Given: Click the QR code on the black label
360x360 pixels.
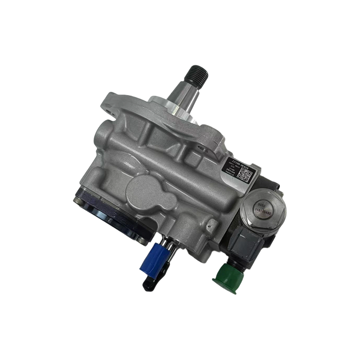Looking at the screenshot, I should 242,175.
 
